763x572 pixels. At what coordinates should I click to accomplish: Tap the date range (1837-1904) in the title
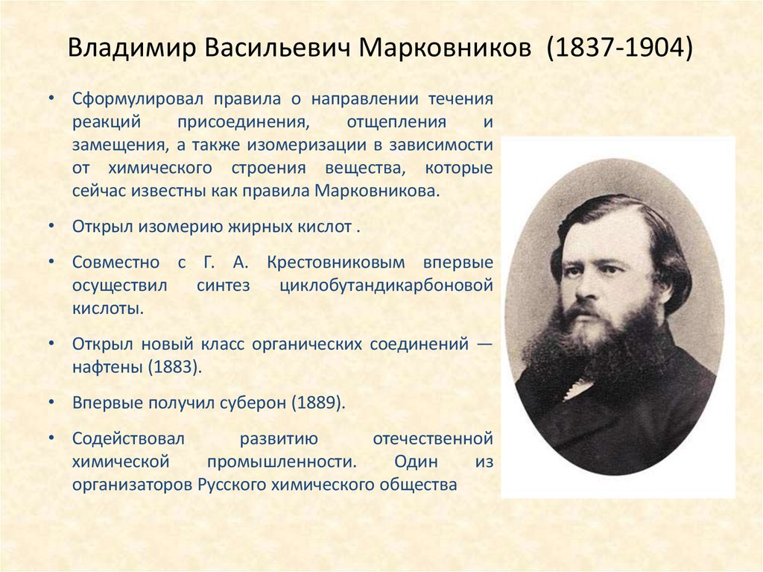tap(619, 48)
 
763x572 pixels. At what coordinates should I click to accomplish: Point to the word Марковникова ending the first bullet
tap(379, 190)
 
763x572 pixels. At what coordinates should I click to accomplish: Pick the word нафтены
tap(110, 367)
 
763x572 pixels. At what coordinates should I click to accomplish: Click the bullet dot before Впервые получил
tap(49, 402)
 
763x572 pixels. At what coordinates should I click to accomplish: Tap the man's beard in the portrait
tap(596, 343)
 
